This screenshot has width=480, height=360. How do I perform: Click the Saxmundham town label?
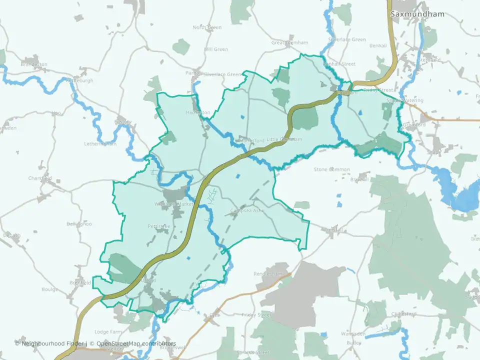tap(417, 14)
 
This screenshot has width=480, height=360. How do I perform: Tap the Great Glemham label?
tap(290, 43)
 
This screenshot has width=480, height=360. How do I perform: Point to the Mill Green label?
tap(216, 49)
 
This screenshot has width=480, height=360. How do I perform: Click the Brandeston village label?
tap(34, 64)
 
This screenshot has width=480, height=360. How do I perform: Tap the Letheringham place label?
tap(100, 144)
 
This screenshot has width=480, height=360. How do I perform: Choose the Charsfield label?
tap(40, 178)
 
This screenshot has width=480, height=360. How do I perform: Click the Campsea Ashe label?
tap(247, 210)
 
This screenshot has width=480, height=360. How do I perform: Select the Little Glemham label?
tap(284, 139)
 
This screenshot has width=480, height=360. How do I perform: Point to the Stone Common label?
tap(332, 169)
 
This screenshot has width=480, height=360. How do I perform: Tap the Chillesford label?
tap(404, 314)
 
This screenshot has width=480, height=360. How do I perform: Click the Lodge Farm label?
tap(108, 332)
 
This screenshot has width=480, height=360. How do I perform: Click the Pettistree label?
tap(159, 226)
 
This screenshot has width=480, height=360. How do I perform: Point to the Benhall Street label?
tap(339, 64)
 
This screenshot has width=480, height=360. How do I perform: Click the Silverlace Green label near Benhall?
tap(347, 39)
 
